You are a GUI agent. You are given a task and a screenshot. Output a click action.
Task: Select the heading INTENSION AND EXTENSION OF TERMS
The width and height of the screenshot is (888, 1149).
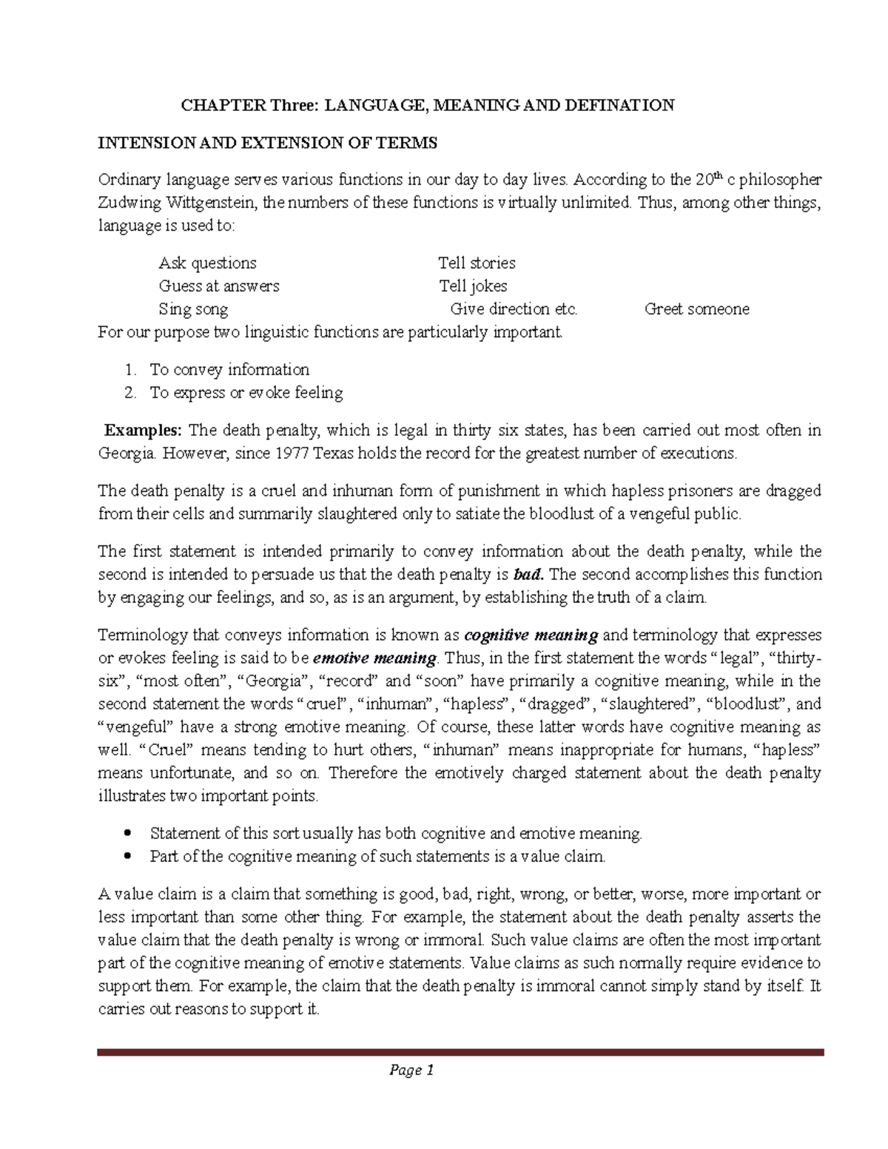(268, 143)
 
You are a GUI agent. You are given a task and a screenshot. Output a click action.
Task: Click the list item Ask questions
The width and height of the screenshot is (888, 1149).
(207, 263)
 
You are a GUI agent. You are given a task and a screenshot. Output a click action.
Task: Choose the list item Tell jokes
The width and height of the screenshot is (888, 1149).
(473, 286)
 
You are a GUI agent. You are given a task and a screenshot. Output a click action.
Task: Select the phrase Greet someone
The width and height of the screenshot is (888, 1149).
(696, 309)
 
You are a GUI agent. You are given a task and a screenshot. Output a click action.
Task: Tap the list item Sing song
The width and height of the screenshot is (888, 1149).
(193, 309)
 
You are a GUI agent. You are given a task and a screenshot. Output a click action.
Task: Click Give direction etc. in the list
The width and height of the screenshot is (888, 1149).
(514, 309)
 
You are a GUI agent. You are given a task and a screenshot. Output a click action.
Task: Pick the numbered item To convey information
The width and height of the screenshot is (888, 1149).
(229, 369)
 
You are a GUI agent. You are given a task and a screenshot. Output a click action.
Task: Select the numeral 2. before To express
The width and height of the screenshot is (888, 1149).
(131, 392)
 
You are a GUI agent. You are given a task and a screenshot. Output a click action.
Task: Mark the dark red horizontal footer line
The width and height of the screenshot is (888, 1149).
(460, 1051)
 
